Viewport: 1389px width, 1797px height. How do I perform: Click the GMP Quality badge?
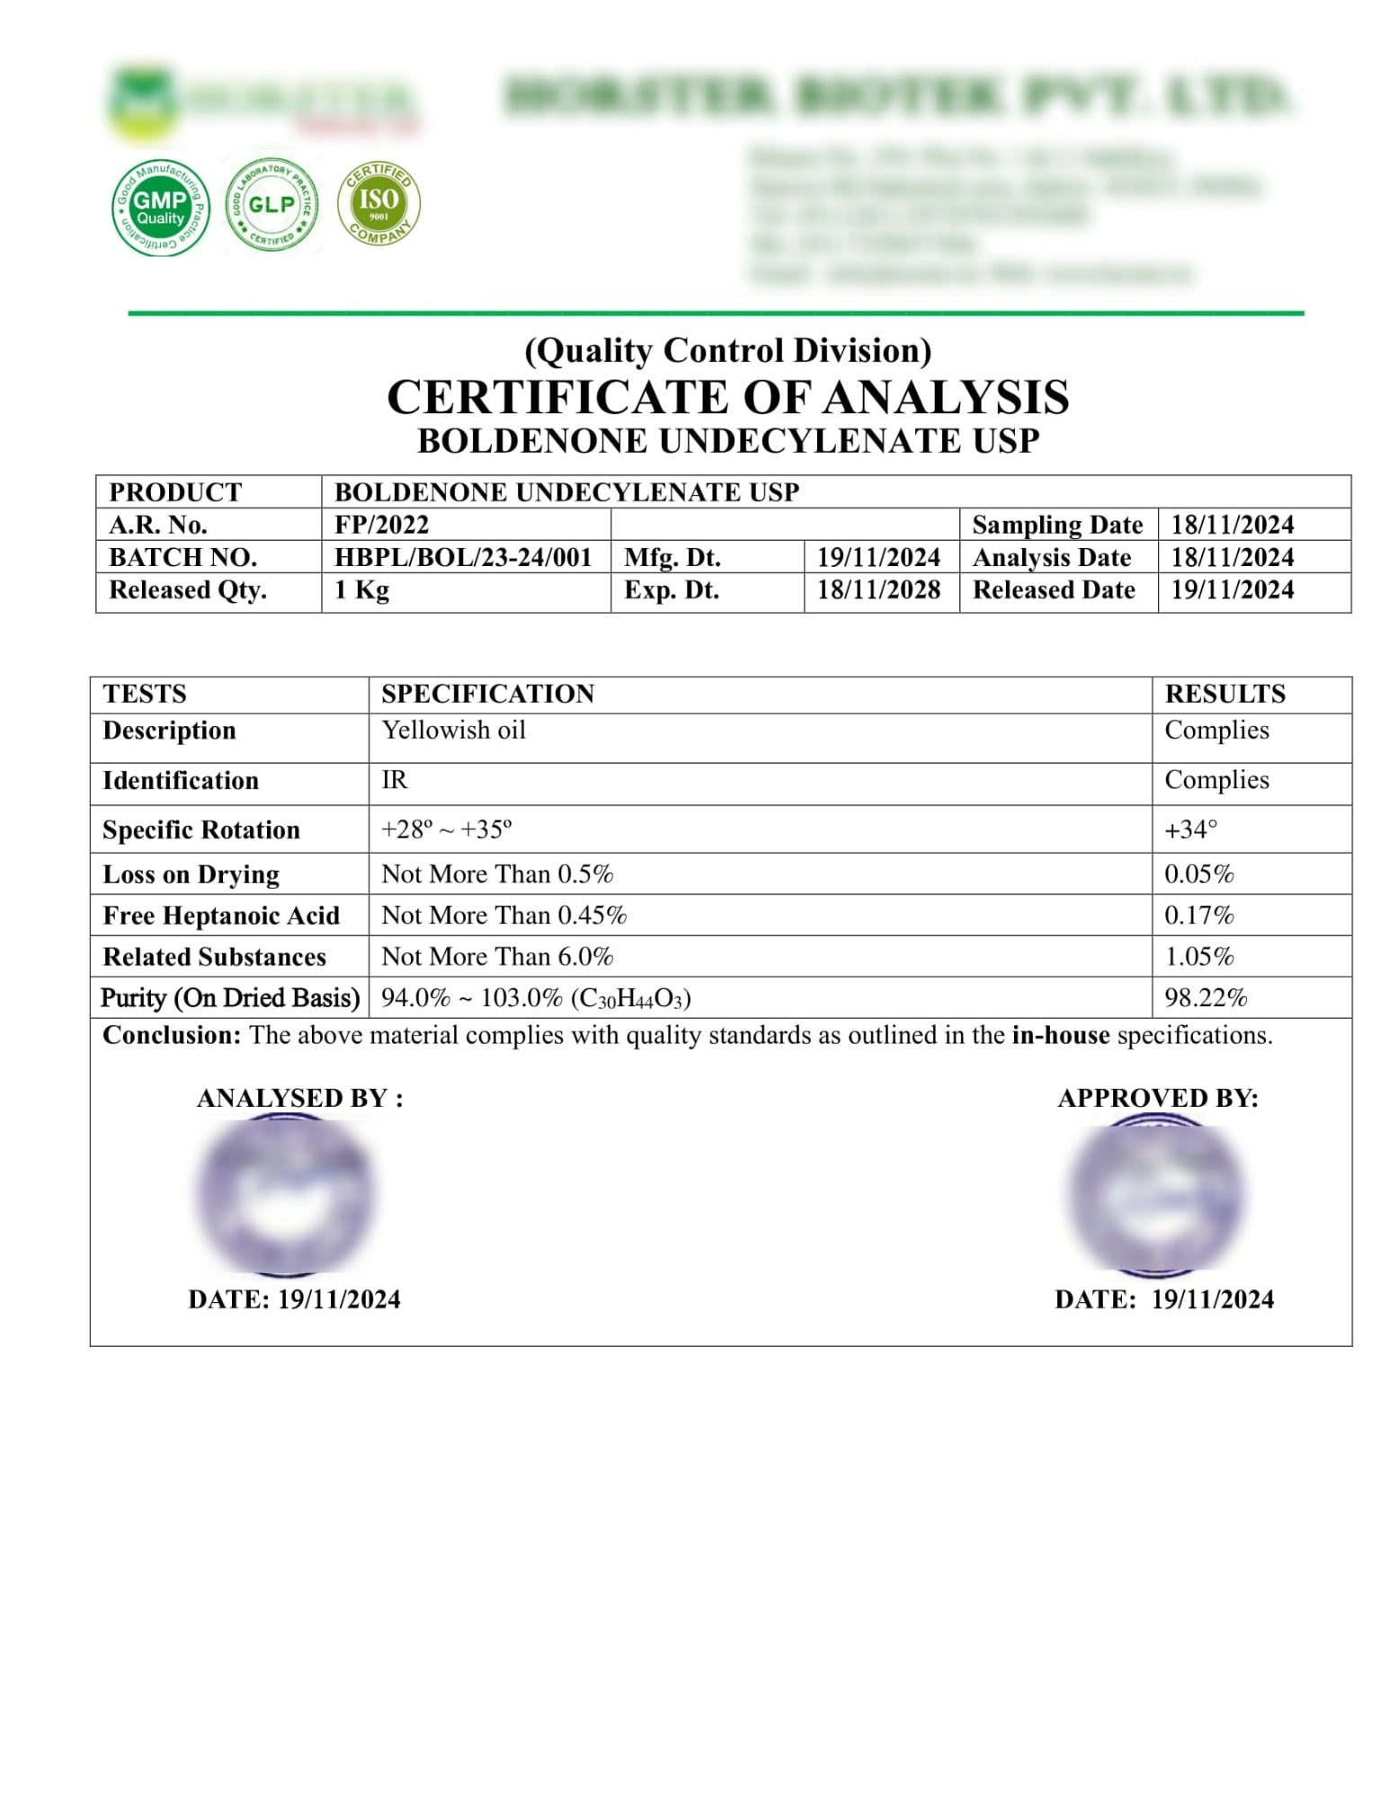(x=160, y=208)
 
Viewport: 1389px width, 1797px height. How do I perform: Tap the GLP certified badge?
(x=272, y=205)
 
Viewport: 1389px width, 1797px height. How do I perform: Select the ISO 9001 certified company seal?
(x=378, y=202)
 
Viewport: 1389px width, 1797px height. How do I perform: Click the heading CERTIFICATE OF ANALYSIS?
(x=727, y=397)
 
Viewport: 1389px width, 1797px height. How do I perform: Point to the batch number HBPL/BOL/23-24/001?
(x=463, y=557)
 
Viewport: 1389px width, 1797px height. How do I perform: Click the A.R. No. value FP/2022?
(x=381, y=525)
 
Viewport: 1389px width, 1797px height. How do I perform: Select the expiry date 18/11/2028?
(x=877, y=590)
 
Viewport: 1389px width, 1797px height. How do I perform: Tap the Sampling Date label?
(x=1057, y=525)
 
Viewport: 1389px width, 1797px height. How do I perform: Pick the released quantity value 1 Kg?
(x=361, y=590)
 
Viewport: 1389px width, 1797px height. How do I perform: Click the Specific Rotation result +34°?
(x=1190, y=829)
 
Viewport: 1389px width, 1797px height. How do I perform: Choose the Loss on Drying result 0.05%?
(x=1198, y=874)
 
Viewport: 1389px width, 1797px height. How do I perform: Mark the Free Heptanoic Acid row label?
(x=221, y=916)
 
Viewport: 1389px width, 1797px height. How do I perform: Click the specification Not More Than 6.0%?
(x=497, y=957)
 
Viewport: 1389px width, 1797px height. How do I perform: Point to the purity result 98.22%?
(x=1206, y=998)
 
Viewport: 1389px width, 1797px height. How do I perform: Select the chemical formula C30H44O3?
(x=630, y=999)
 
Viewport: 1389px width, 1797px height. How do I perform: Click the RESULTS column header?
(x=1224, y=694)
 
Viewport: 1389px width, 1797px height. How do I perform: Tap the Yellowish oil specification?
(x=453, y=730)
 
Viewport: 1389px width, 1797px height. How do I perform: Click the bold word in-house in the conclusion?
(x=1060, y=1036)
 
